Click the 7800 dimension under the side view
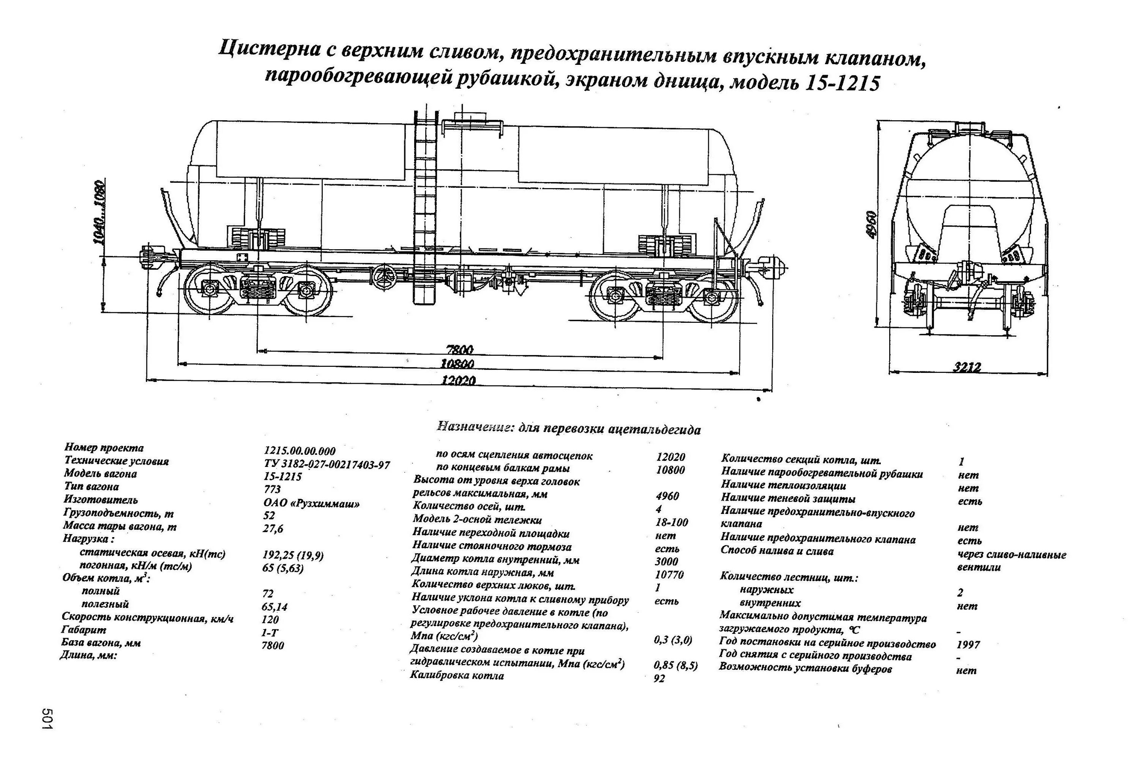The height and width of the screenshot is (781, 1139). (460, 350)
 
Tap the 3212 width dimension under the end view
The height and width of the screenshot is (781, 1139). (967, 367)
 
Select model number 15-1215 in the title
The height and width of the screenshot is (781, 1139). (841, 83)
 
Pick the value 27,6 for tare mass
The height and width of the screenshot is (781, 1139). (273, 529)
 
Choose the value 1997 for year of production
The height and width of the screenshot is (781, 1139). (968, 644)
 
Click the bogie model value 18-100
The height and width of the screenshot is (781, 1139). (672, 522)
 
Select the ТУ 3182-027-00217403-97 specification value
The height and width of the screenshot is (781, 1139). (327, 464)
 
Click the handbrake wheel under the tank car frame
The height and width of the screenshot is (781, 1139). (384, 278)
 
